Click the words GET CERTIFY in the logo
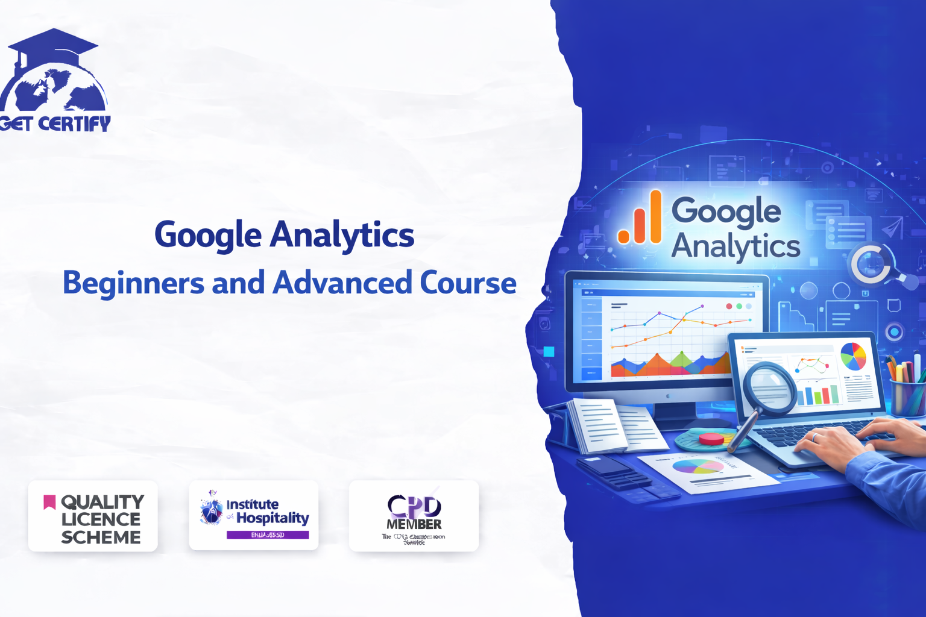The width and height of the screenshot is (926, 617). (55, 124)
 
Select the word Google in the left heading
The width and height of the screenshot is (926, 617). (208, 235)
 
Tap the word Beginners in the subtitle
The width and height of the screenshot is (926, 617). (133, 283)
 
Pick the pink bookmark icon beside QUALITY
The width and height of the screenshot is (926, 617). (49, 501)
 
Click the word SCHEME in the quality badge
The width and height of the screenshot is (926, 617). (101, 537)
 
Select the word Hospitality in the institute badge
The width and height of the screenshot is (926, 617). (272, 518)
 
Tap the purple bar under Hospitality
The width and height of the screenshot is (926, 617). (268, 535)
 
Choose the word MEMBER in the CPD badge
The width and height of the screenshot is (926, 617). (414, 524)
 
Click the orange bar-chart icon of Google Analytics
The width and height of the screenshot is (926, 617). (640, 218)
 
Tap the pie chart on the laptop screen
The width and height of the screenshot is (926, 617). (853, 356)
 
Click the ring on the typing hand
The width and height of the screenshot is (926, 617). (815, 437)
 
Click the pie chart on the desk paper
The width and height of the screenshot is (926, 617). (698, 466)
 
